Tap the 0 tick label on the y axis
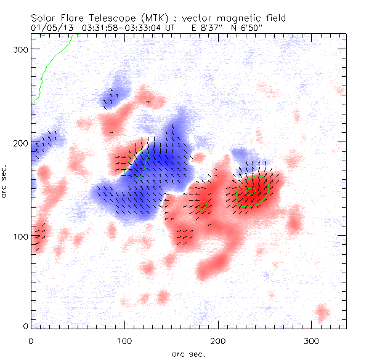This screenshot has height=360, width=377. [x=25, y=325]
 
